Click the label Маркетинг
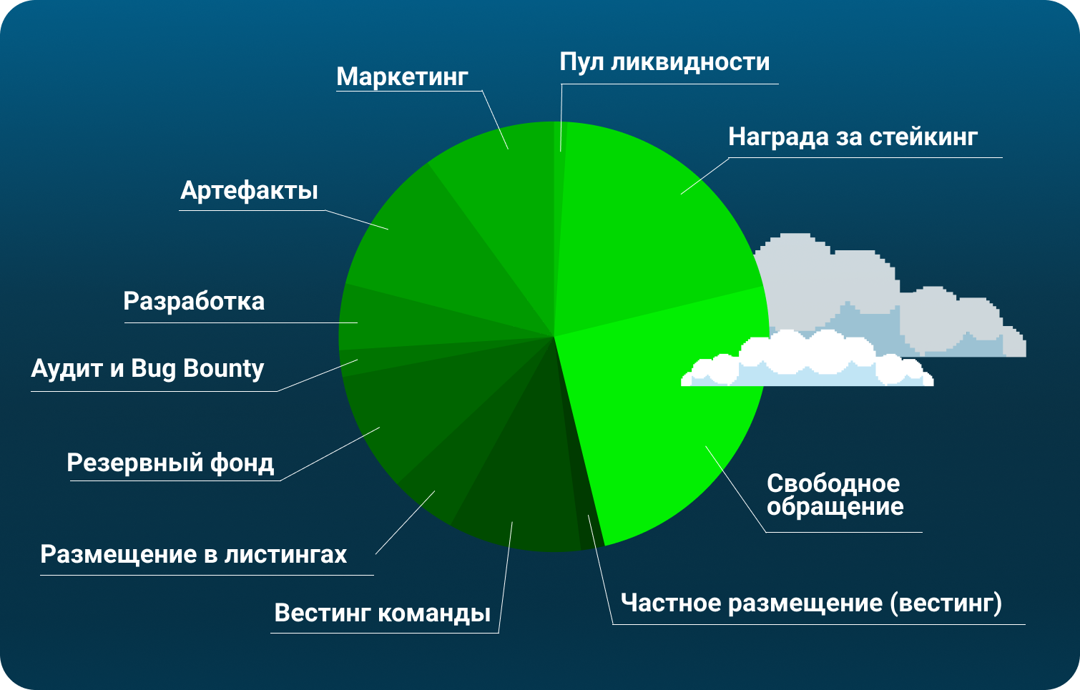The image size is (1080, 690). point(402,77)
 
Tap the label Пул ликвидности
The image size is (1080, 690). point(664,63)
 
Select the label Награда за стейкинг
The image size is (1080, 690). point(853,137)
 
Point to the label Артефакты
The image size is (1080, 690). point(249,190)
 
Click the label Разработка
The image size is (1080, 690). point(194,302)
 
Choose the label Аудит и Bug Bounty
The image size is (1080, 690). point(147,369)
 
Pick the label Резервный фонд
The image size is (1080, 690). point(170,463)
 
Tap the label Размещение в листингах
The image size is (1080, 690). point(193,554)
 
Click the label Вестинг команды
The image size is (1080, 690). point(383,613)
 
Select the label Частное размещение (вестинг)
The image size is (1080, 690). point(812,603)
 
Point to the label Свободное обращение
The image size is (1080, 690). point(835,496)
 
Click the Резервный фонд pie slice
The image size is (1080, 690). point(415,415)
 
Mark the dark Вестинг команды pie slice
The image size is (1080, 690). point(521,482)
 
